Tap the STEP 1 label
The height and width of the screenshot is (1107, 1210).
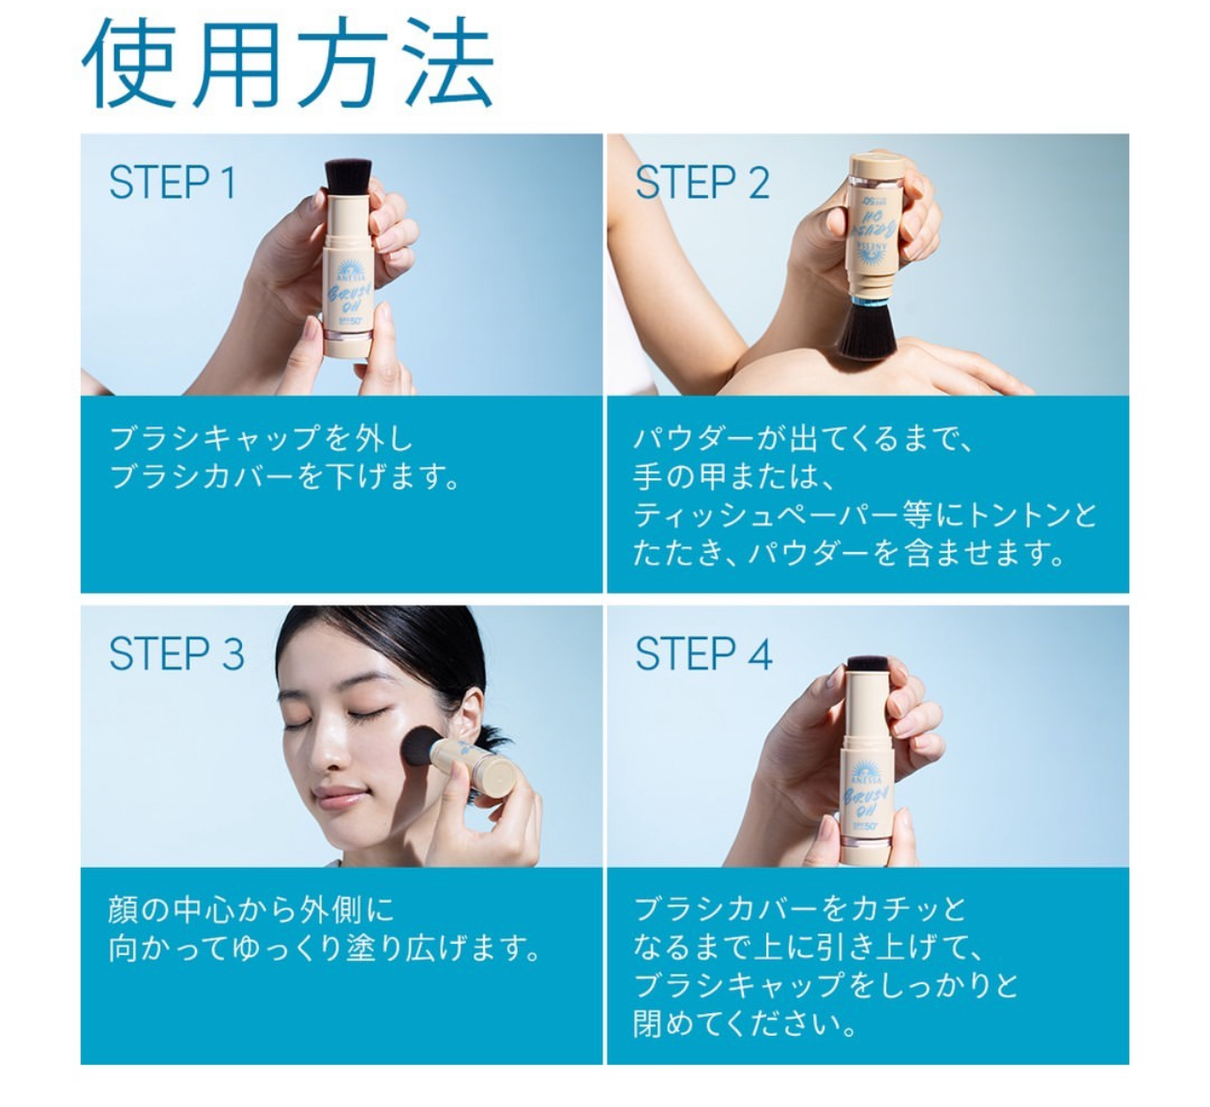[x=173, y=182]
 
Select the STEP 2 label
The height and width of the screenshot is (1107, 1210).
[x=703, y=182]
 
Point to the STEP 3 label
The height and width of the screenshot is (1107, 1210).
[x=176, y=653]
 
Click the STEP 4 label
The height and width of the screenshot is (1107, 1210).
[x=703, y=653]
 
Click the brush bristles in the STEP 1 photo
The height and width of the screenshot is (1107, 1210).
[x=348, y=175]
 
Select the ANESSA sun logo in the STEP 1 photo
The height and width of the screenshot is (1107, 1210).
[x=351, y=268]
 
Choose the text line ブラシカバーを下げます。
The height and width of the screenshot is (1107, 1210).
[x=284, y=477]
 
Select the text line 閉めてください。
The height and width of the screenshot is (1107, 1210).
[x=745, y=1025]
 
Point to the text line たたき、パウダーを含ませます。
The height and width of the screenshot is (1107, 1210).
[x=849, y=553]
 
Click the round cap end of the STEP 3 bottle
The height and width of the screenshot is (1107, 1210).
[x=499, y=774]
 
